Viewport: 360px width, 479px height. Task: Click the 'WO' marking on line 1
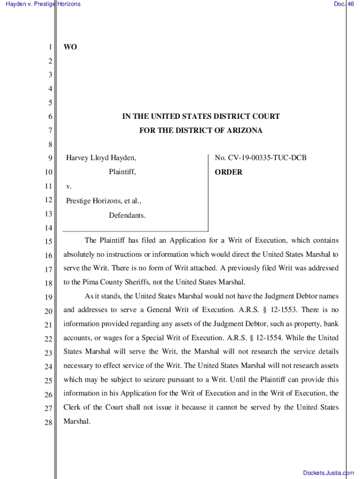(x=70, y=47)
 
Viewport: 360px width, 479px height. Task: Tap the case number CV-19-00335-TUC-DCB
(x=260, y=158)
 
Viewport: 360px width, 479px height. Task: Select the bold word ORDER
(x=228, y=172)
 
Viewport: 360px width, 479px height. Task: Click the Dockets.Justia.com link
(x=328, y=473)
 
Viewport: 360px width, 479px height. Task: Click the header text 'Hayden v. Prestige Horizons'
(x=42, y=4)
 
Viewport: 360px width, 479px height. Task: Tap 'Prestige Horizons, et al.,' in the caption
(x=103, y=201)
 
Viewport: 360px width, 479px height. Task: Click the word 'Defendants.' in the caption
(x=127, y=216)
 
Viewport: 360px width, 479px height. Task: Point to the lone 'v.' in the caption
(x=68, y=187)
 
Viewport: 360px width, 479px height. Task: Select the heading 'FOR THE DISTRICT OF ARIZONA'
(x=201, y=131)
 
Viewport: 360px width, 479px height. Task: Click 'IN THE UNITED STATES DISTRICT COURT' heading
(x=201, y=116)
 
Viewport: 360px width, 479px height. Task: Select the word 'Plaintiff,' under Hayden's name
(x=122, y=172)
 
